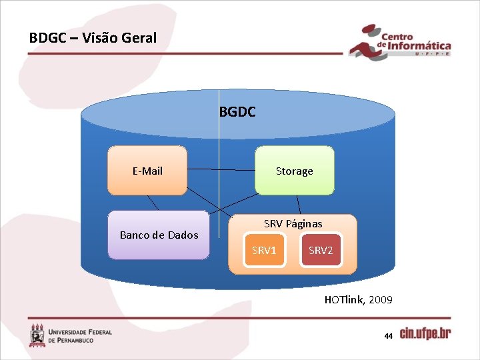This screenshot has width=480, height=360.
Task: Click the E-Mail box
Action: (x=147, y=171)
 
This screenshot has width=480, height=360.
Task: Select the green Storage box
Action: (x=294, y=171)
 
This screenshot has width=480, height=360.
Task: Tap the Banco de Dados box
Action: (x=159, y=235)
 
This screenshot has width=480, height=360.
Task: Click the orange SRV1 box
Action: (x=264, y=251)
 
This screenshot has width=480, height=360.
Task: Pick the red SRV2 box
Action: (x=321, y=251)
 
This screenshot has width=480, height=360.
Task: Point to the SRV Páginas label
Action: (x=293, y=224)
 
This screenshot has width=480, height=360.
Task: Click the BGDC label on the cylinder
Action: (x=237, y=113)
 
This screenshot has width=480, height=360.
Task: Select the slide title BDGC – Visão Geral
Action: (x=93, y=38)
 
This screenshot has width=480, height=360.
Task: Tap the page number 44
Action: (x=388, y=336)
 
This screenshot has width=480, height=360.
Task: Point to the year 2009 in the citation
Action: (x=380, y=300)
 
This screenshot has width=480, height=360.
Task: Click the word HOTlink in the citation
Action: (x=344, y=300)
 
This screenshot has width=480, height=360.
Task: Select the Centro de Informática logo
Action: (x=400, y=44)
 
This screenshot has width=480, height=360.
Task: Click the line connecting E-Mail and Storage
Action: (x=221, y=170)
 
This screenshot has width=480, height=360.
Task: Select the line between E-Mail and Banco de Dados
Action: (x=153, y=203)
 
